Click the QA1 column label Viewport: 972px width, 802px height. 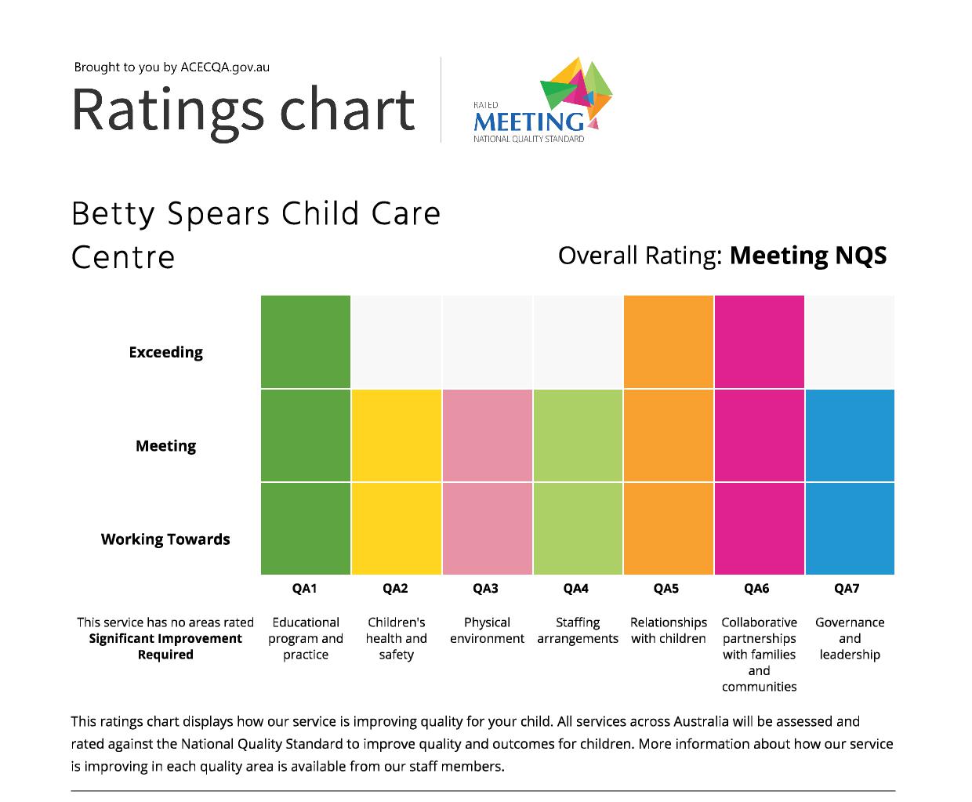(x=304, y=589)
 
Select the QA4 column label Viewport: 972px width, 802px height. (x=575, y=589)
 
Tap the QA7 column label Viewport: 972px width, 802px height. (x=847, y=589)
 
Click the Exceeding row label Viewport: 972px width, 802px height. (x=165, y=352)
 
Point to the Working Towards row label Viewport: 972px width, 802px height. (x=165, y=539)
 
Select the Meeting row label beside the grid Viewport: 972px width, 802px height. (x=165, y=446)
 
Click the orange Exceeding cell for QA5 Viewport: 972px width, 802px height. (x=669, y=342)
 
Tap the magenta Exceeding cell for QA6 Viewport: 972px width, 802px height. (x=759, y=342)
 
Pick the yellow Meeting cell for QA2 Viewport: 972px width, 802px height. (x=397, y=435)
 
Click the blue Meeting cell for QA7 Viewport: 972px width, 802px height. (x=850, y=435)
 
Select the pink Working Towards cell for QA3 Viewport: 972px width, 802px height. (x=487, y=528)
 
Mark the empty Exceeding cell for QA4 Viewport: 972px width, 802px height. (x=578, y=342)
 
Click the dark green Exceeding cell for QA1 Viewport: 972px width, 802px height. (x=306, y=342)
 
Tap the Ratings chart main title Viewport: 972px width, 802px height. (x=243, y=110)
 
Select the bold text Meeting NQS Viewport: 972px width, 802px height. (x=807, y=256)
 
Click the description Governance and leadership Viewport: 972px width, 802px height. (x=850, y=638)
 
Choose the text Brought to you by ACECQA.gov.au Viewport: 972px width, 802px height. (x=172, y=67)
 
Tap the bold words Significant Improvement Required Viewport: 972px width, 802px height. (x=165, y=647)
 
